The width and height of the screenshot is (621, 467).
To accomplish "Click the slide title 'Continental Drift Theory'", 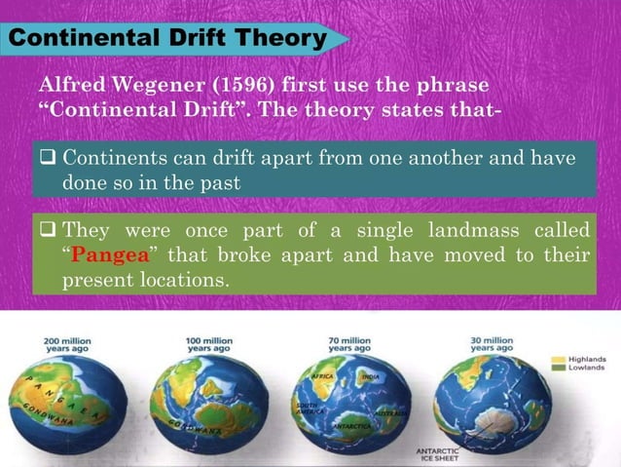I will tap(167, 39).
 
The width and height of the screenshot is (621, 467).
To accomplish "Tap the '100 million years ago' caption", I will tap(209, 344).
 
